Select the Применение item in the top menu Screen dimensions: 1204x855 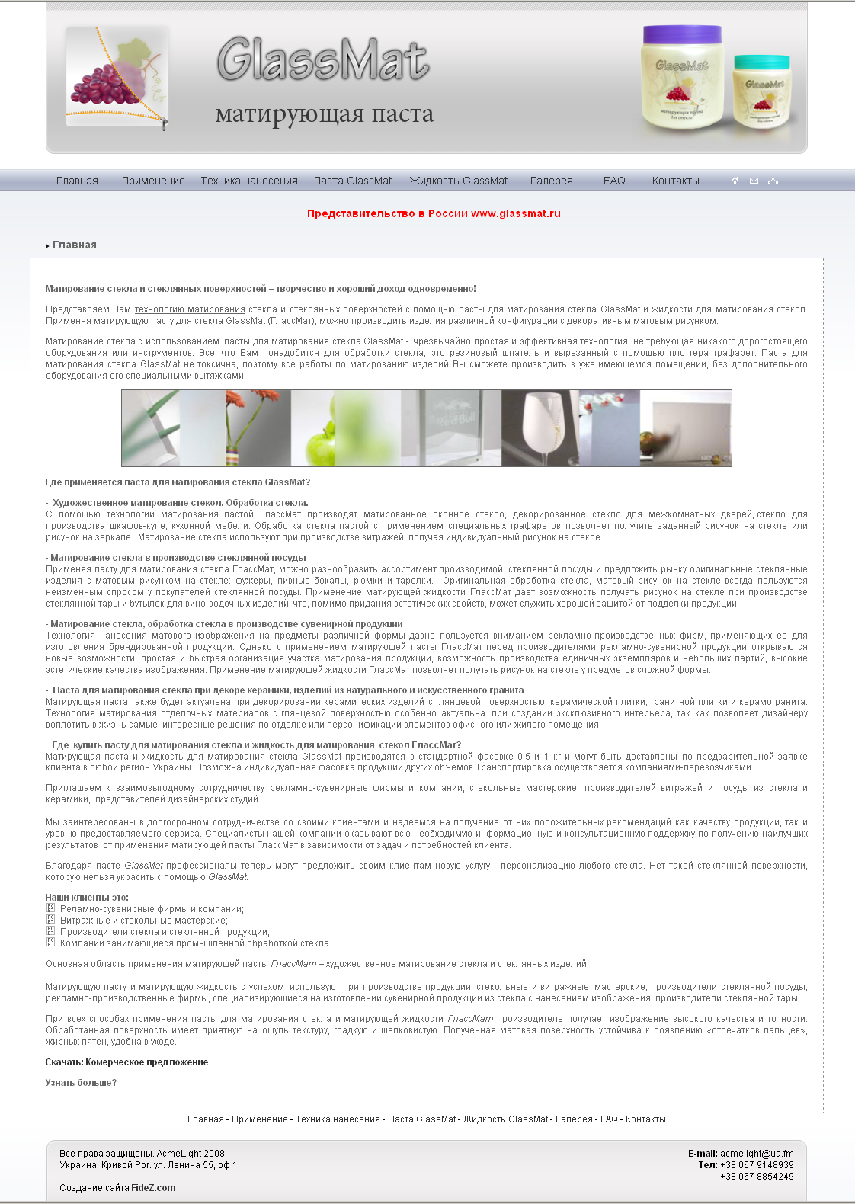(x=153, y=181)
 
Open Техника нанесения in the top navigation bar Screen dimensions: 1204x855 (x=249, y=181)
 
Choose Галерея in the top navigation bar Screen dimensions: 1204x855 (x=551, y=181)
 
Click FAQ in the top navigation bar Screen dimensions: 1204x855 (x=614, y=181)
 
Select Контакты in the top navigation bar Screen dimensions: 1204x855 (x=675, y=181)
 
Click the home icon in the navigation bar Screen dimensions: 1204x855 (x=735, y=181)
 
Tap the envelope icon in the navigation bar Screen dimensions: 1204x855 (x=754, y=181)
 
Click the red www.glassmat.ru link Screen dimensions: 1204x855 (x=516, y=213)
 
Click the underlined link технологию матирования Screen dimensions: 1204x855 (x=190, y=309)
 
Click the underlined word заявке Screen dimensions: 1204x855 (x=792, y=757)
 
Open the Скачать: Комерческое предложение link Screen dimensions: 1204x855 (x=126, y=1062)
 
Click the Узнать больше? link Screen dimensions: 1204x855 (x=81, y=1083)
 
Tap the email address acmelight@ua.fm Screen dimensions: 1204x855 (x=757, y=1154)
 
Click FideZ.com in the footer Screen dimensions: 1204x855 (x=153, y=1188)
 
